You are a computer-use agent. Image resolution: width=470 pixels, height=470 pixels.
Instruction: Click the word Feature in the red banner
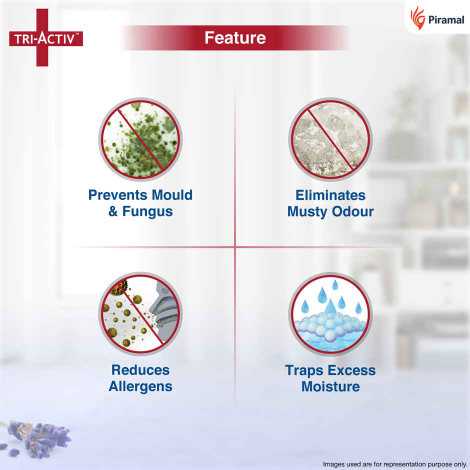235,38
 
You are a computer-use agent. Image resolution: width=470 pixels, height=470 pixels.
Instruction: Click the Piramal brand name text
446,20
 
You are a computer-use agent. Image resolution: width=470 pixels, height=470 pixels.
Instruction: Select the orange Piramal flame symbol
417,18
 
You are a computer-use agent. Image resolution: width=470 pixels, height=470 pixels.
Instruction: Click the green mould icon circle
140,139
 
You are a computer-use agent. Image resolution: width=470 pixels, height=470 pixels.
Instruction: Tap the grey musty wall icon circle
330,139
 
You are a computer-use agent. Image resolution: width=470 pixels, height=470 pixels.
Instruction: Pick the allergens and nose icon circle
140,314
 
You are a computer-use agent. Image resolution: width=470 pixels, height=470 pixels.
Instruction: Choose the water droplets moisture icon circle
330,314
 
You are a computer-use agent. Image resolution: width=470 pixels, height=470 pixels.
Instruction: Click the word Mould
172,195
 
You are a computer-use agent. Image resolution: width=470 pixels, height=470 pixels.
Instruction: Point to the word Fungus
147,211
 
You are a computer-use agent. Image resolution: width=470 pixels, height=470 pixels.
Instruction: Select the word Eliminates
330,195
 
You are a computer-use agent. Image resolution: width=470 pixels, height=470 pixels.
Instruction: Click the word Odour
353,211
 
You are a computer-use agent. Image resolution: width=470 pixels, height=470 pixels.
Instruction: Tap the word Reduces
140,370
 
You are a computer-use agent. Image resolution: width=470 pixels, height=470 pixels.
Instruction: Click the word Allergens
140,386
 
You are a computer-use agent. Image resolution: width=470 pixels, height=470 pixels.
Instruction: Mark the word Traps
304,370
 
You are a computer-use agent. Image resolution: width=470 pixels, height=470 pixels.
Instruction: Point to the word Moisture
330,386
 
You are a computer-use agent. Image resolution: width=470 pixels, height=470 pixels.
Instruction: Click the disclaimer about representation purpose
395,464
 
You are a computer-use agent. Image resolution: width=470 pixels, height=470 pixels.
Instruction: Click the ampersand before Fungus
113,211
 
